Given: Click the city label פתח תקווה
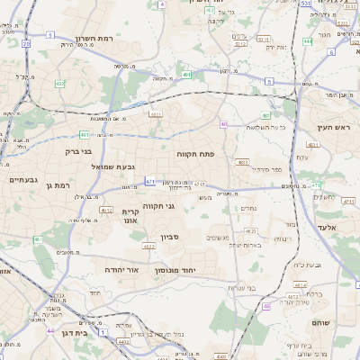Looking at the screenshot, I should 193,154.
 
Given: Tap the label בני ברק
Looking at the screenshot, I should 85,151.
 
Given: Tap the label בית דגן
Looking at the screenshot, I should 76,332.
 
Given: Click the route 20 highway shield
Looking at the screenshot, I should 26,42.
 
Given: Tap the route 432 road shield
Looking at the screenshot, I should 59,83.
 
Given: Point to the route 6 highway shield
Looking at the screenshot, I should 331,52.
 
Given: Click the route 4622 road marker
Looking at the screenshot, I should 148,245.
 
